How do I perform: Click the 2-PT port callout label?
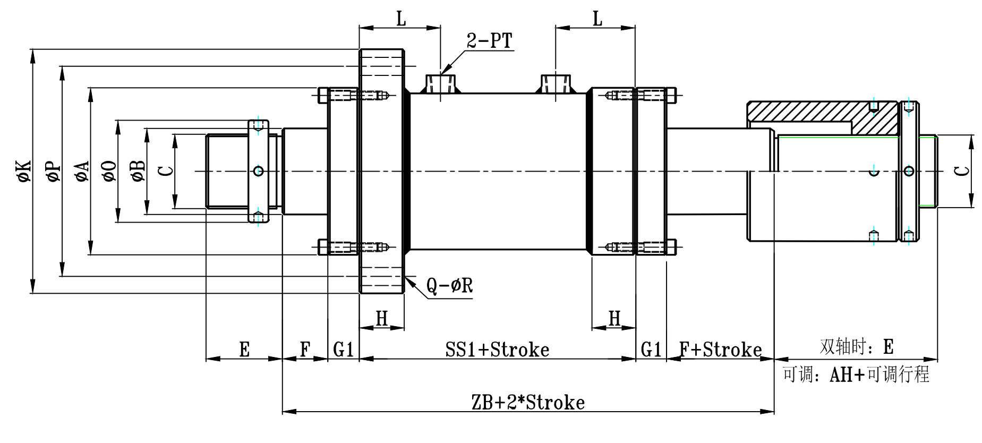coord(490,40)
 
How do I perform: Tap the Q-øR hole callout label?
coord(449,286)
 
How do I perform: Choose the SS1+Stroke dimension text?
coord(497,350)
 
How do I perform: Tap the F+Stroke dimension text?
coord(720,350)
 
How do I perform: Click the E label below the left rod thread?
coord(244,350)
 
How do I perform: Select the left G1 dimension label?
coord(344,350)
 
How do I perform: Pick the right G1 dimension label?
coord(651,350)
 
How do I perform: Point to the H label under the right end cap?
coord(614,318)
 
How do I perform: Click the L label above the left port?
coord(401,20)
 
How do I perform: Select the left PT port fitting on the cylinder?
coord(441,84)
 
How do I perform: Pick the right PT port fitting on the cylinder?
coord(556,84)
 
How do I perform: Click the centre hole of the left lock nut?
coord(259,171)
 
